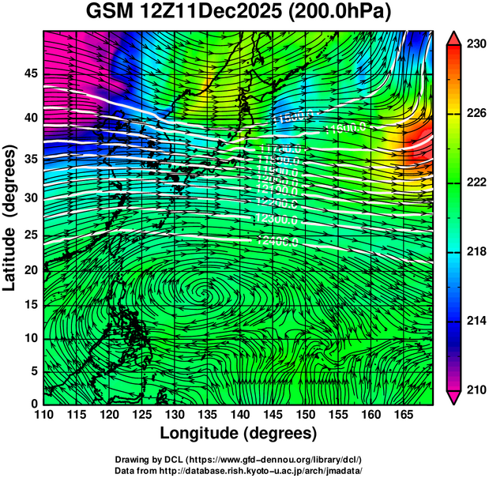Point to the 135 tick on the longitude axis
click(x=207, y=413)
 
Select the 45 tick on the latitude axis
click(x=31, y=73)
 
